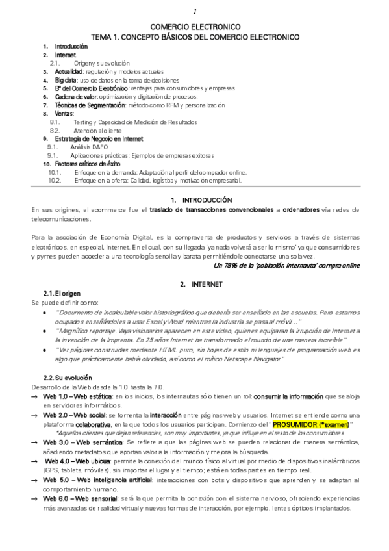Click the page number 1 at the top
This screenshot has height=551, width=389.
pos(195,12)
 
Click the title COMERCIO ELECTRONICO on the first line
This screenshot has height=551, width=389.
pos(195,28)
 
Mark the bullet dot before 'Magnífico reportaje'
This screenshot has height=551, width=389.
pos(44,331)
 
